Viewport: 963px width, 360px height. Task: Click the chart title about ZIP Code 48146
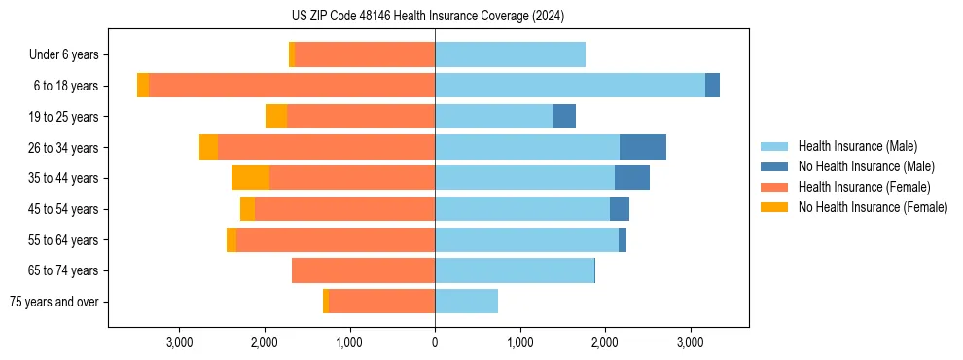click(x=427, y=16)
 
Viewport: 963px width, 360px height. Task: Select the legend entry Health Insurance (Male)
click(x=857, y=146)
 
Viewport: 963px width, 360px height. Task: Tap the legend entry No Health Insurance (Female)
click(x=873, y=207)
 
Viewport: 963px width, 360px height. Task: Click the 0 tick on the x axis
click(x=435, y=342)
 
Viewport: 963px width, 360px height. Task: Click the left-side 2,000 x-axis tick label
click(x=265, y=342)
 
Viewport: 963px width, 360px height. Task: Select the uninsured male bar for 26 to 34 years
click(x=643, y=147)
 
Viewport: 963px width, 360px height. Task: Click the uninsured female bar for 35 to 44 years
click(x=250, y=178)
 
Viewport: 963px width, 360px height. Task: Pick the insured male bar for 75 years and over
click(x=466, y=302)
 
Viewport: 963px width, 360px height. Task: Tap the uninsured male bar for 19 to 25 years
click(x=564, y=117)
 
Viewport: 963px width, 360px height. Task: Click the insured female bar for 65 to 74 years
click(x=363, y=270)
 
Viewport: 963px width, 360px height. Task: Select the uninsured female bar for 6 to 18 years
click(x=143, y=86)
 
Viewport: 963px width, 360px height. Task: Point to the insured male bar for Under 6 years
click(x=510, y=54)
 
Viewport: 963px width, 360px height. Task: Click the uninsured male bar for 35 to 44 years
click(x=632, y=178)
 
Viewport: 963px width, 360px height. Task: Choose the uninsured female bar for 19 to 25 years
click(x=276, y=117)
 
